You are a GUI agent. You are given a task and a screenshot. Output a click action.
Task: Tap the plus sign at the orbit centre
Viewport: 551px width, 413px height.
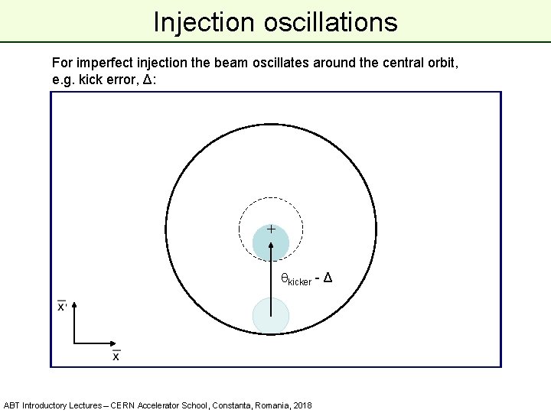[271, 228]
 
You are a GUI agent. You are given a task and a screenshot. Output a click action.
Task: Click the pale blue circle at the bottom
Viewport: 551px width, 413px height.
[271, 316]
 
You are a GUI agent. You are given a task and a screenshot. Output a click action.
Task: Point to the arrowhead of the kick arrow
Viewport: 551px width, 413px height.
[271, 246]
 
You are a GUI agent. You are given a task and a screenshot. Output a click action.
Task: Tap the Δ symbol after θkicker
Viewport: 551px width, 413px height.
[328, 277]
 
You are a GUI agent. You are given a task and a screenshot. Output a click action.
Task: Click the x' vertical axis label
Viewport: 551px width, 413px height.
[62, 306]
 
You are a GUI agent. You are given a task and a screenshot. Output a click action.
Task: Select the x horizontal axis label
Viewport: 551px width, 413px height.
[116, 356]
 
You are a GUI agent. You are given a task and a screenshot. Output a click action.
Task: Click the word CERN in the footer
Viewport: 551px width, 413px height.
[125, 405]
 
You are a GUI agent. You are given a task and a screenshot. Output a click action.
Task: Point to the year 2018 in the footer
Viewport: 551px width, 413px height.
[300, 405]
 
